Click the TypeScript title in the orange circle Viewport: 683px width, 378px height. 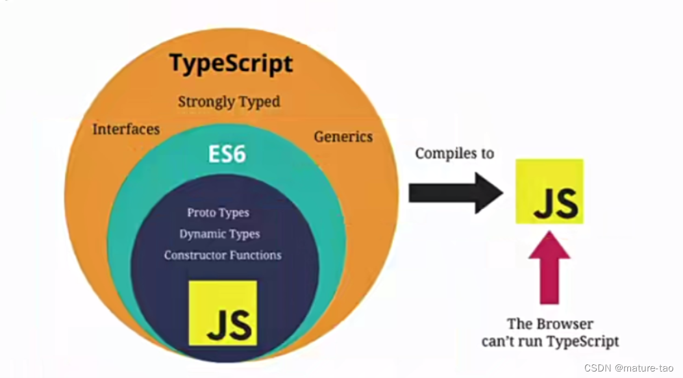coord(230,64)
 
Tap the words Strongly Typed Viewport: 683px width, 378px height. coord(229,102)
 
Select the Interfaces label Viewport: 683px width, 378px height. coord(126,129)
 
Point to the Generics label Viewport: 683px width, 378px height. coord(343,136)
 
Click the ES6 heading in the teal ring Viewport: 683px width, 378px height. coord(227,155)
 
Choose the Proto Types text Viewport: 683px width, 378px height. coord(218,213)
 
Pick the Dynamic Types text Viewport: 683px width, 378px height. coord(219,234)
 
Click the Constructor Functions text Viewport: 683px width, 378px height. coord(223,255)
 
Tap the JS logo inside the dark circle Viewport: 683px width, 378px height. coord(223,313)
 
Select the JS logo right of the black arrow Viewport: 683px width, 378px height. coord(549,192)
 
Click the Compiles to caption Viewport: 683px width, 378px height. coord(454,153)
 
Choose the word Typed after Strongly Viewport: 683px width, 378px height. coord(258,102)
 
